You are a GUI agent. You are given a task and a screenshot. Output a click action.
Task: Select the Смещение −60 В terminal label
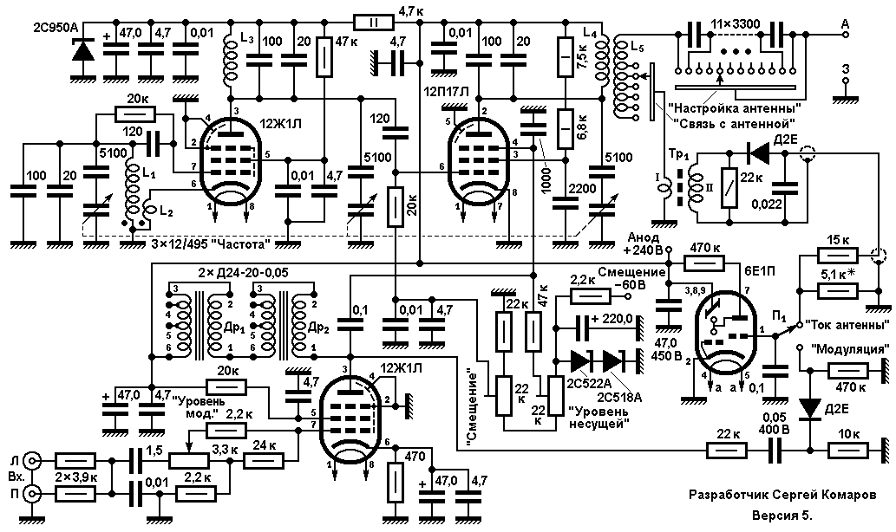(631, 278)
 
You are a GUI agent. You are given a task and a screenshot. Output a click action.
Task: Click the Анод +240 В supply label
(644, 243)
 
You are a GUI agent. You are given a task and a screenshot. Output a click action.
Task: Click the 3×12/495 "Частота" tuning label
(210, 244)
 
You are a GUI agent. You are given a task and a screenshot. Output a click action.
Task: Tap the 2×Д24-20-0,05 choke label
(243, 273)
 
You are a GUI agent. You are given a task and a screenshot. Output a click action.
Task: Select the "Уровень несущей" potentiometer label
(598, 417)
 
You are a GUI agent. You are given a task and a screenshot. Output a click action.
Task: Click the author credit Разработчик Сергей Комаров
(782, 495)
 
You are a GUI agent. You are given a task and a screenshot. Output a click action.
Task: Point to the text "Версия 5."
(782, 516)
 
